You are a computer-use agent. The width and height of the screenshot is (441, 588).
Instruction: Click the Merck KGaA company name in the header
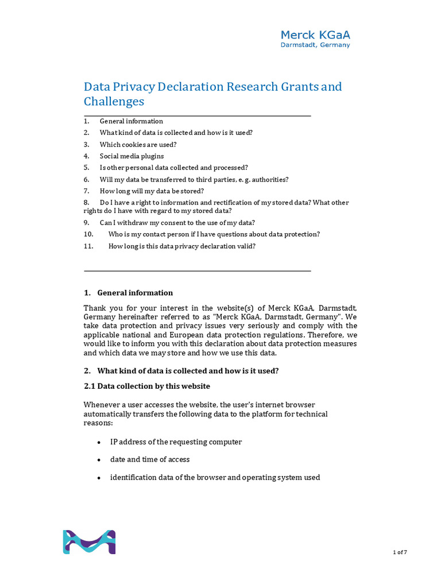(x=315, y=35)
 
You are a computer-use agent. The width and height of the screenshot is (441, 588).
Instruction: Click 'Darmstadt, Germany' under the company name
(x=315, y=45)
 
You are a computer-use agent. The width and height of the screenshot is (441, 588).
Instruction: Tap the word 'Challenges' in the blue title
(x=114, y=102)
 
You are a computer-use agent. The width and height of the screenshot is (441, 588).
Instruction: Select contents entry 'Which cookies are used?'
(x=138, y=145)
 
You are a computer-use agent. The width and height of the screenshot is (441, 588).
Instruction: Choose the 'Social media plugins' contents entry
(x=131, y=156)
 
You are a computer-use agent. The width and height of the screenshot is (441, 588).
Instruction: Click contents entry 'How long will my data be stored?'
(x=152, y=191)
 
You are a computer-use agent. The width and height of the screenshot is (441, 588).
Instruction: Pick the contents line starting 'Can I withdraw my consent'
(x=177, y=223)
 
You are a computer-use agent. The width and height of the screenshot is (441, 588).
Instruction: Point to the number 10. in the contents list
(x=88, y=234)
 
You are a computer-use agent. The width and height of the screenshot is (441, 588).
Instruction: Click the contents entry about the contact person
(x=214, y=234)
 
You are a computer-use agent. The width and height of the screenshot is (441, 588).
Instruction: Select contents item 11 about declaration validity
(x=182, y=246)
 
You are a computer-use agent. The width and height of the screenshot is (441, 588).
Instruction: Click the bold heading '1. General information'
(x=128, y=293)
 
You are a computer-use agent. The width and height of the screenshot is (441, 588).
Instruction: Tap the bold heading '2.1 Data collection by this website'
(x=147, y=386)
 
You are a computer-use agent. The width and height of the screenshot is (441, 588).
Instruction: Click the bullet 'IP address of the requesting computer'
(x=176, y=442)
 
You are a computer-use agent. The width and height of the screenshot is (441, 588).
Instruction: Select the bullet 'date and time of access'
(x=150, y=459)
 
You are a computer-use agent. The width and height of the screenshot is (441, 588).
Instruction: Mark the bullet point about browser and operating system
(x=215, y=478)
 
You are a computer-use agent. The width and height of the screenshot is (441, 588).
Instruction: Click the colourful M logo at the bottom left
(x=89, y=542)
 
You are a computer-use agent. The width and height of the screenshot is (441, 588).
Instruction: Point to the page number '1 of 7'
(x=400, y=552)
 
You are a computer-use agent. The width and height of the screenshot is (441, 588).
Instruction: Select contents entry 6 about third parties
(x=194, y=180)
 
